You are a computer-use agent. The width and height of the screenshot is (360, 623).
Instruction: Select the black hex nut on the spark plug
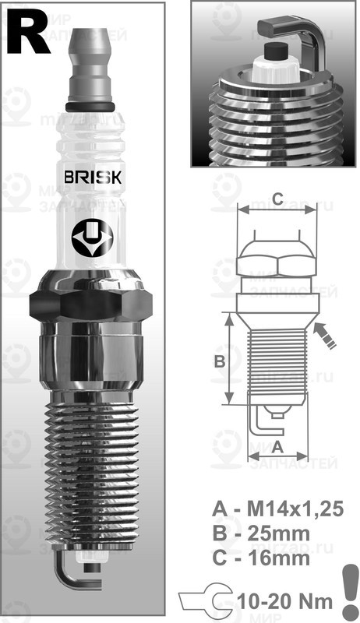pos(89,304)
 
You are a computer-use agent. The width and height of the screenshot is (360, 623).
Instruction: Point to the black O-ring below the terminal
pos(93,107)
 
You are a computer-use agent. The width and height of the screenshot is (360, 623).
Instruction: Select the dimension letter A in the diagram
pos(277,446)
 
